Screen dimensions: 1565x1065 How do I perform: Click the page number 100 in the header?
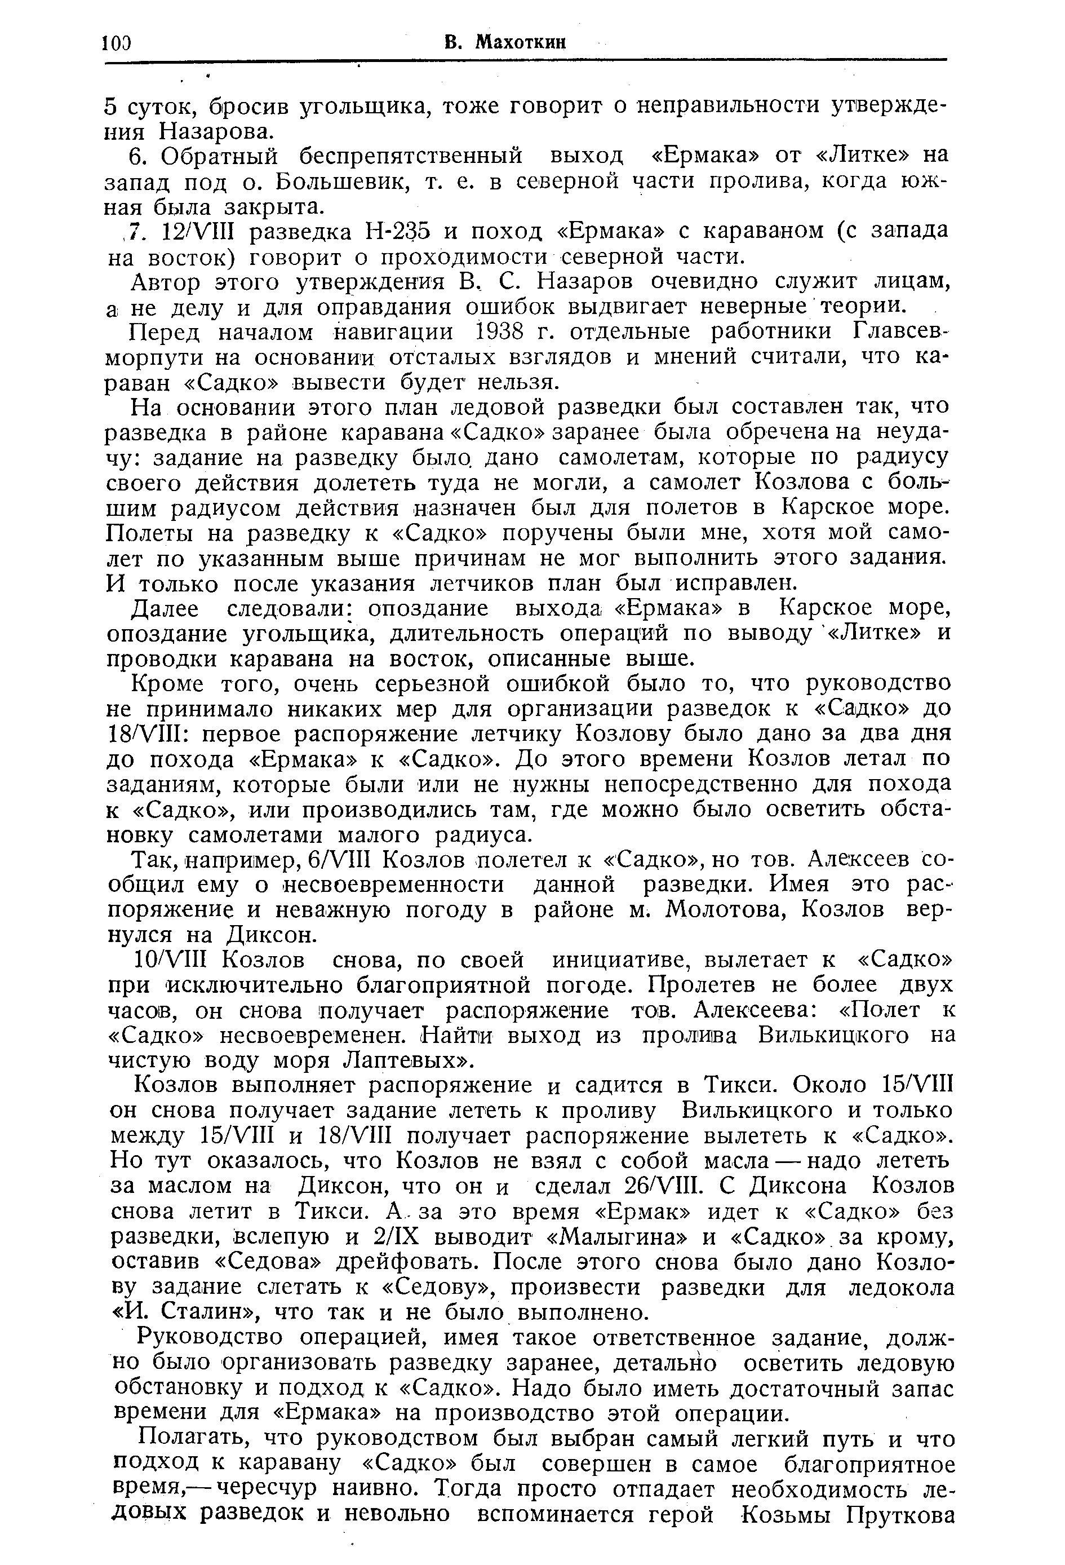(x=116, y=43)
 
